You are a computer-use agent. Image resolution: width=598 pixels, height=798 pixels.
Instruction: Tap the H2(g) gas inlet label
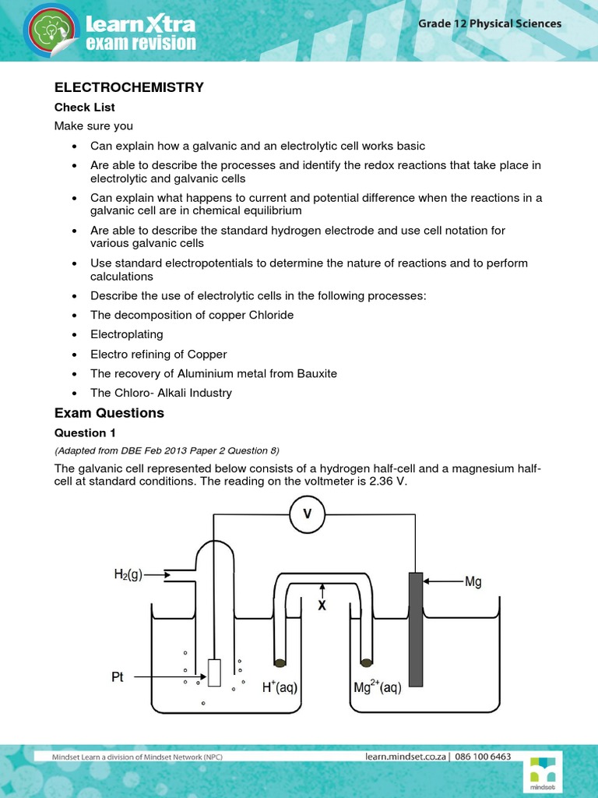point(124,577)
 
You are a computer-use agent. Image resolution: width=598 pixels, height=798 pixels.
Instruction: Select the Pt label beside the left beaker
point(118,677)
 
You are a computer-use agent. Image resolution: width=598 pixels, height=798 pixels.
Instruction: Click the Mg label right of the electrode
point(473,581)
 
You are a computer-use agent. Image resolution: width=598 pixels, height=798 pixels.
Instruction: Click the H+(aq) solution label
point(280,688)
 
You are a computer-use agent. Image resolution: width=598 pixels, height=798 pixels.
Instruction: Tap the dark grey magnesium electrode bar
point(415,630)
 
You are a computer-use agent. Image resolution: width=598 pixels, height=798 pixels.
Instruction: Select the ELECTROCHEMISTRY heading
point(128,88)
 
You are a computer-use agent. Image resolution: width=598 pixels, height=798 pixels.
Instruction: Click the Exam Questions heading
point(109,413)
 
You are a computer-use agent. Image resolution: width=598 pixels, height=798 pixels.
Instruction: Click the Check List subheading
point(84,108)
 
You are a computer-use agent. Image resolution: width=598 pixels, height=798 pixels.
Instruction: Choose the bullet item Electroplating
point(127,334)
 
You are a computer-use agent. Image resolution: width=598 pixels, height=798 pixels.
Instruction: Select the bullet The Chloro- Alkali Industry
point(161,393)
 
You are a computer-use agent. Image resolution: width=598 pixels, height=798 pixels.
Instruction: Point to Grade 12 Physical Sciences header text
point(490,23)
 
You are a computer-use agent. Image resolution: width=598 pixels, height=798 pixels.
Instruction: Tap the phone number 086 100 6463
point(483,757)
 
